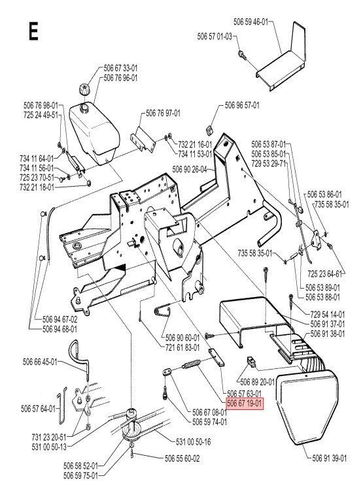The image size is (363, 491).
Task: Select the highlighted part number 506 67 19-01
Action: (245, 404)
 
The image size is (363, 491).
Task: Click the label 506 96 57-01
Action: (242, 104)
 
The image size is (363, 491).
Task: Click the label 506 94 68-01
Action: (60, 328)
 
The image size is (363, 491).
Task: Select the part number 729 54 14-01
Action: (329, 314)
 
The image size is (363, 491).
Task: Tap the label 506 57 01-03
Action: (215, 38)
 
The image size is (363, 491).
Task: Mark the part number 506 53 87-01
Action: (269, 144)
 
